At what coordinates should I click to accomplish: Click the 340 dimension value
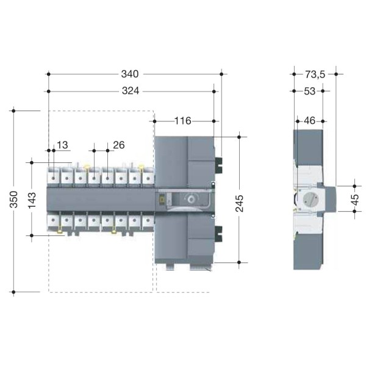[x=130, y=74]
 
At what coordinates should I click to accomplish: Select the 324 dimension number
[x=131, y=91]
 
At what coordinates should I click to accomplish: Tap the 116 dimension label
[x=183, y=121]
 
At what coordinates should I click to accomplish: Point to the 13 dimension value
[x=62, y=145]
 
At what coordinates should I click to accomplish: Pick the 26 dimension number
[x=119, y=145]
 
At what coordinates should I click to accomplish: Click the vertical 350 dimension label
[x=14, y=199]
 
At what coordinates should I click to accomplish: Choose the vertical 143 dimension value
[x=32, y=200]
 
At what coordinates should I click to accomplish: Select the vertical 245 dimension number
[x=240, y=204]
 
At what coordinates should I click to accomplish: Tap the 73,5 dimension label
[x=315, y=74]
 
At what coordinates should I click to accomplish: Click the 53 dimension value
[x=310, y=91]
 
